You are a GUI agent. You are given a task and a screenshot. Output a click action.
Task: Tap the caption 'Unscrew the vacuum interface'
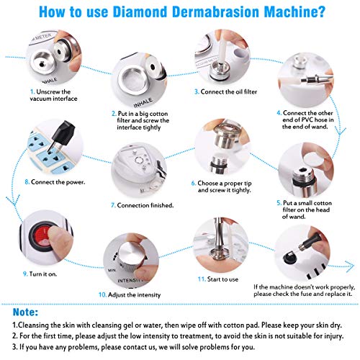click(x=53, y=96)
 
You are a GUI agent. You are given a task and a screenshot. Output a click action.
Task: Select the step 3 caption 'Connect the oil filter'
click(x=226, y=92)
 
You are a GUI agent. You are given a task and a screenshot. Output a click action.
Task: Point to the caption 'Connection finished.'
click(x=142, y=205)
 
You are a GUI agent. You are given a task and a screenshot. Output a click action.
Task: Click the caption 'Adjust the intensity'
click(x=130, y=295)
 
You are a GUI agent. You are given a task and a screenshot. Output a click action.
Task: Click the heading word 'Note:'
click(x=26, y=314)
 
